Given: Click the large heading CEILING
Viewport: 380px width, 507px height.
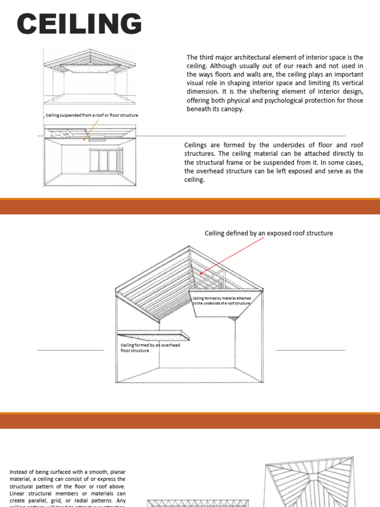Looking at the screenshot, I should tap(79, 24).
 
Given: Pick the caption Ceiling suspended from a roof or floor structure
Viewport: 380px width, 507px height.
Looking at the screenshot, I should tap(92, 115).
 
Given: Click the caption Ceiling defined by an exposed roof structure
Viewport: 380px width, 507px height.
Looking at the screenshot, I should tap(269, 233).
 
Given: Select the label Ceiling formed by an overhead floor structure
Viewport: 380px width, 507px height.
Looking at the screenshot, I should tap(150, 348).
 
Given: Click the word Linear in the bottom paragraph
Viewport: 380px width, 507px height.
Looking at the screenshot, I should tap(18, 493).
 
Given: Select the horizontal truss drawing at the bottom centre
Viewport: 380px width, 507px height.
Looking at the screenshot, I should tap(198, 503).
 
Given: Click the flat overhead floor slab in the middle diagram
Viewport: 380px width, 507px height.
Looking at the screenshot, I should tap(153, 335).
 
